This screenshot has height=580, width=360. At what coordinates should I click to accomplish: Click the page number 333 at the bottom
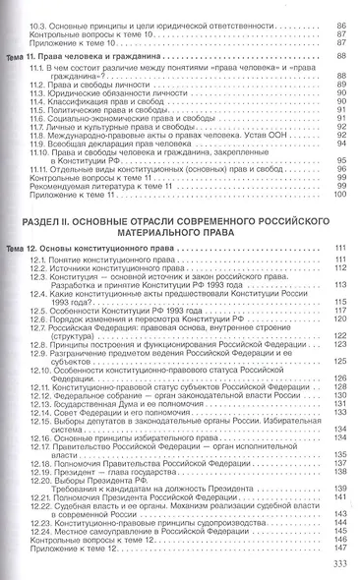tap(335, 563)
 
